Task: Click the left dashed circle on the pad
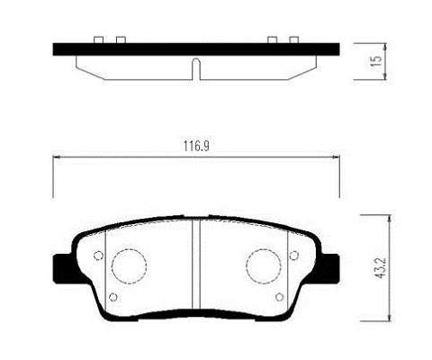pyautogui.click(x=128, y=266)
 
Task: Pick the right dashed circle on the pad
pyautogui.click(x=265, y=266)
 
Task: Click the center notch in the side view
pyautogui.click(x=195, y=67)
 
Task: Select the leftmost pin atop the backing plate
pyautogui.click(x=98, y=40)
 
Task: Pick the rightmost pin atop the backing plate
pyautogui.click(x=293, y=40)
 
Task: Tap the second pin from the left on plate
pyautogui.click(x=119, y=40)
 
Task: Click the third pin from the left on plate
pyautogui.click(x=272, y=40)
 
